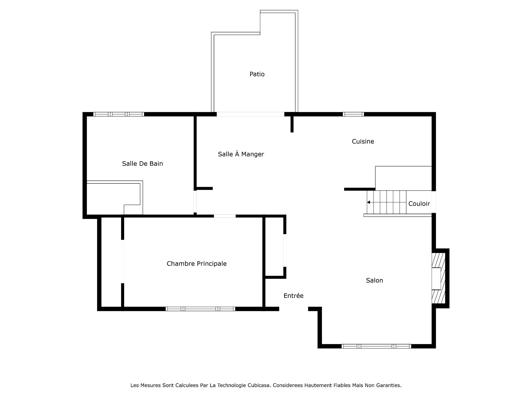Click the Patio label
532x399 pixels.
coord(257,74)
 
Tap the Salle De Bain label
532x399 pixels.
coord(142,163)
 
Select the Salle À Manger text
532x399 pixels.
coord(241,154)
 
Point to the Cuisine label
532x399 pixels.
coord(363,141)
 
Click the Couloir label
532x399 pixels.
coord(419,204)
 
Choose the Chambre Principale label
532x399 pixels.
coord(196,264)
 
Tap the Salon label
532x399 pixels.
coord(374,280)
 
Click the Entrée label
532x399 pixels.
coord(293,296)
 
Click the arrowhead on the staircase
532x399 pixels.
coord(369,202)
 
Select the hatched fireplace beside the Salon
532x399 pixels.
coord(439,278)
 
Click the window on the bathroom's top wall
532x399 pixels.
coord(119,114)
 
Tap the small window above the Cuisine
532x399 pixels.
coord(353,114)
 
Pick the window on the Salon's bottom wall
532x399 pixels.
coord(376,346)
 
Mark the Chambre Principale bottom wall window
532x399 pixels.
coord(200,309)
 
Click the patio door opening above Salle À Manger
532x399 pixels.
coord(250,114)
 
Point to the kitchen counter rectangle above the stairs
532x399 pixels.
coord(403,178)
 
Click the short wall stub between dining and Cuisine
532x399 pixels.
coord(292,124)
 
